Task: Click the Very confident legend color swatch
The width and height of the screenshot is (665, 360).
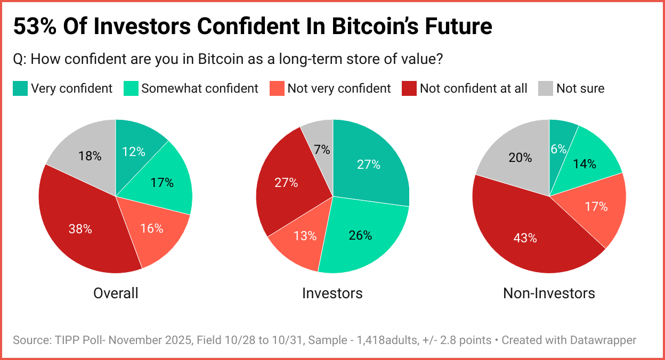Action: coord(20,88)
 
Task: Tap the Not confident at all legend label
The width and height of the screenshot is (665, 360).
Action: coord(473,88)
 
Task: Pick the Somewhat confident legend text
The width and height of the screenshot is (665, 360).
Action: coord(200,88)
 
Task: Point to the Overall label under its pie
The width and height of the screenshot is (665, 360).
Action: coord(116,293)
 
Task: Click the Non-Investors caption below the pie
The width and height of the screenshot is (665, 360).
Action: coord(549,293)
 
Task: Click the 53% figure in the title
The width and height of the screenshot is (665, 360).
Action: coord(34,26)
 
